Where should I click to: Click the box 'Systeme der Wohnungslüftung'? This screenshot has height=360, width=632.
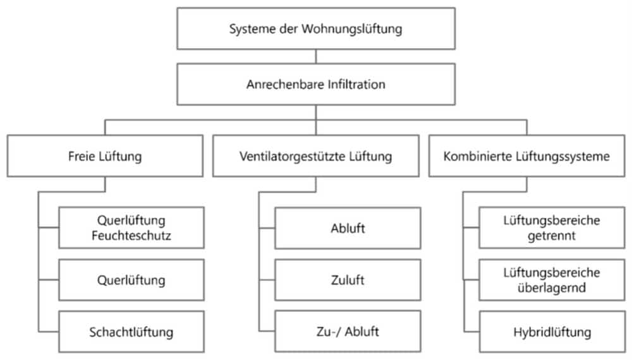316,28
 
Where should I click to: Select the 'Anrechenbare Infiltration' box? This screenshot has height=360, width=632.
316,84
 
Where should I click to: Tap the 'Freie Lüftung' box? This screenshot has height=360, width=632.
105,156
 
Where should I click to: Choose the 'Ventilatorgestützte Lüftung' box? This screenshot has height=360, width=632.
316,156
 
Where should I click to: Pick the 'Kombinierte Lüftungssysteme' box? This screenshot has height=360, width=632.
527,156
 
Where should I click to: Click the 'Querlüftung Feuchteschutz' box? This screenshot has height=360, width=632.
131,227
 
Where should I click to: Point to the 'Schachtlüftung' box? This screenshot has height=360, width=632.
131,332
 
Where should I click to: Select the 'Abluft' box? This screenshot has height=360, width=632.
348,228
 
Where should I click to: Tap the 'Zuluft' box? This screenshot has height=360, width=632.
348,280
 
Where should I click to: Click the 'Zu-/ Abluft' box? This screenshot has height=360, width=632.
348,332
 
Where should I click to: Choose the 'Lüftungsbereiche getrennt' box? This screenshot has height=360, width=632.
552,227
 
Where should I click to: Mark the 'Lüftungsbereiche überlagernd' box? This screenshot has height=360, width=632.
552,280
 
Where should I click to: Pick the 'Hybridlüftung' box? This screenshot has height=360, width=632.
552,332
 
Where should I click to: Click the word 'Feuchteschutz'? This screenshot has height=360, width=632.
131,235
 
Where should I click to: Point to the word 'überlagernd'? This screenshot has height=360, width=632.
552,287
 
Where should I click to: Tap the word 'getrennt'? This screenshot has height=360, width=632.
552,236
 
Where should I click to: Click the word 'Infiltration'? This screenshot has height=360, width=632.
356,84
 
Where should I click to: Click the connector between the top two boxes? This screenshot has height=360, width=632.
316,56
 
